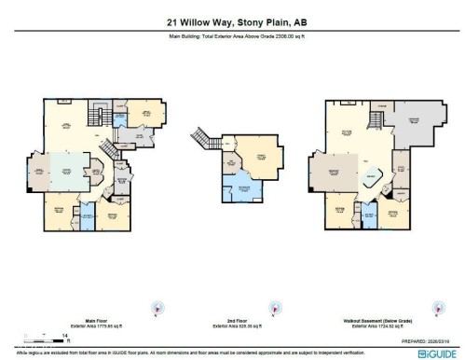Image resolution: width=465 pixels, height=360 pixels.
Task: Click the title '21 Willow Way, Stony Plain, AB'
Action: [232, 22]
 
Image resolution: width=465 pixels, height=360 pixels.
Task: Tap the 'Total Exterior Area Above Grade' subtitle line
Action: [232, 38]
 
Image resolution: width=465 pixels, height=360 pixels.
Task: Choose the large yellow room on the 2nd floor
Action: [263, 151]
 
